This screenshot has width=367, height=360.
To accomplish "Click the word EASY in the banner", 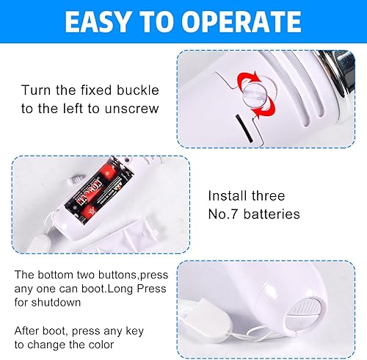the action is click(97, 22).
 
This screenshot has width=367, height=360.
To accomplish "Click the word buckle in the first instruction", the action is click(138, 90).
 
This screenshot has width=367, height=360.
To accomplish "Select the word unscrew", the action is click(132, 109).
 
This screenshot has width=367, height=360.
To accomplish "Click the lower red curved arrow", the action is click(265, 107).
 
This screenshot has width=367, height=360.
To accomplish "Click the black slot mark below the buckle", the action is click(244, 129).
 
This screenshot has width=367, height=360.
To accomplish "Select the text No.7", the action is click(222, 214).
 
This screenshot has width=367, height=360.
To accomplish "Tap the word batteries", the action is click(272, 214).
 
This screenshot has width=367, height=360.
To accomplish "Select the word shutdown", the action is click(57, 303).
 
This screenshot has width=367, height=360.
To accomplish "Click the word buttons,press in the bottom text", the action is click(128, 275).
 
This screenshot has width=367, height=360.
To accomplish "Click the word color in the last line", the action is click(101, 345).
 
